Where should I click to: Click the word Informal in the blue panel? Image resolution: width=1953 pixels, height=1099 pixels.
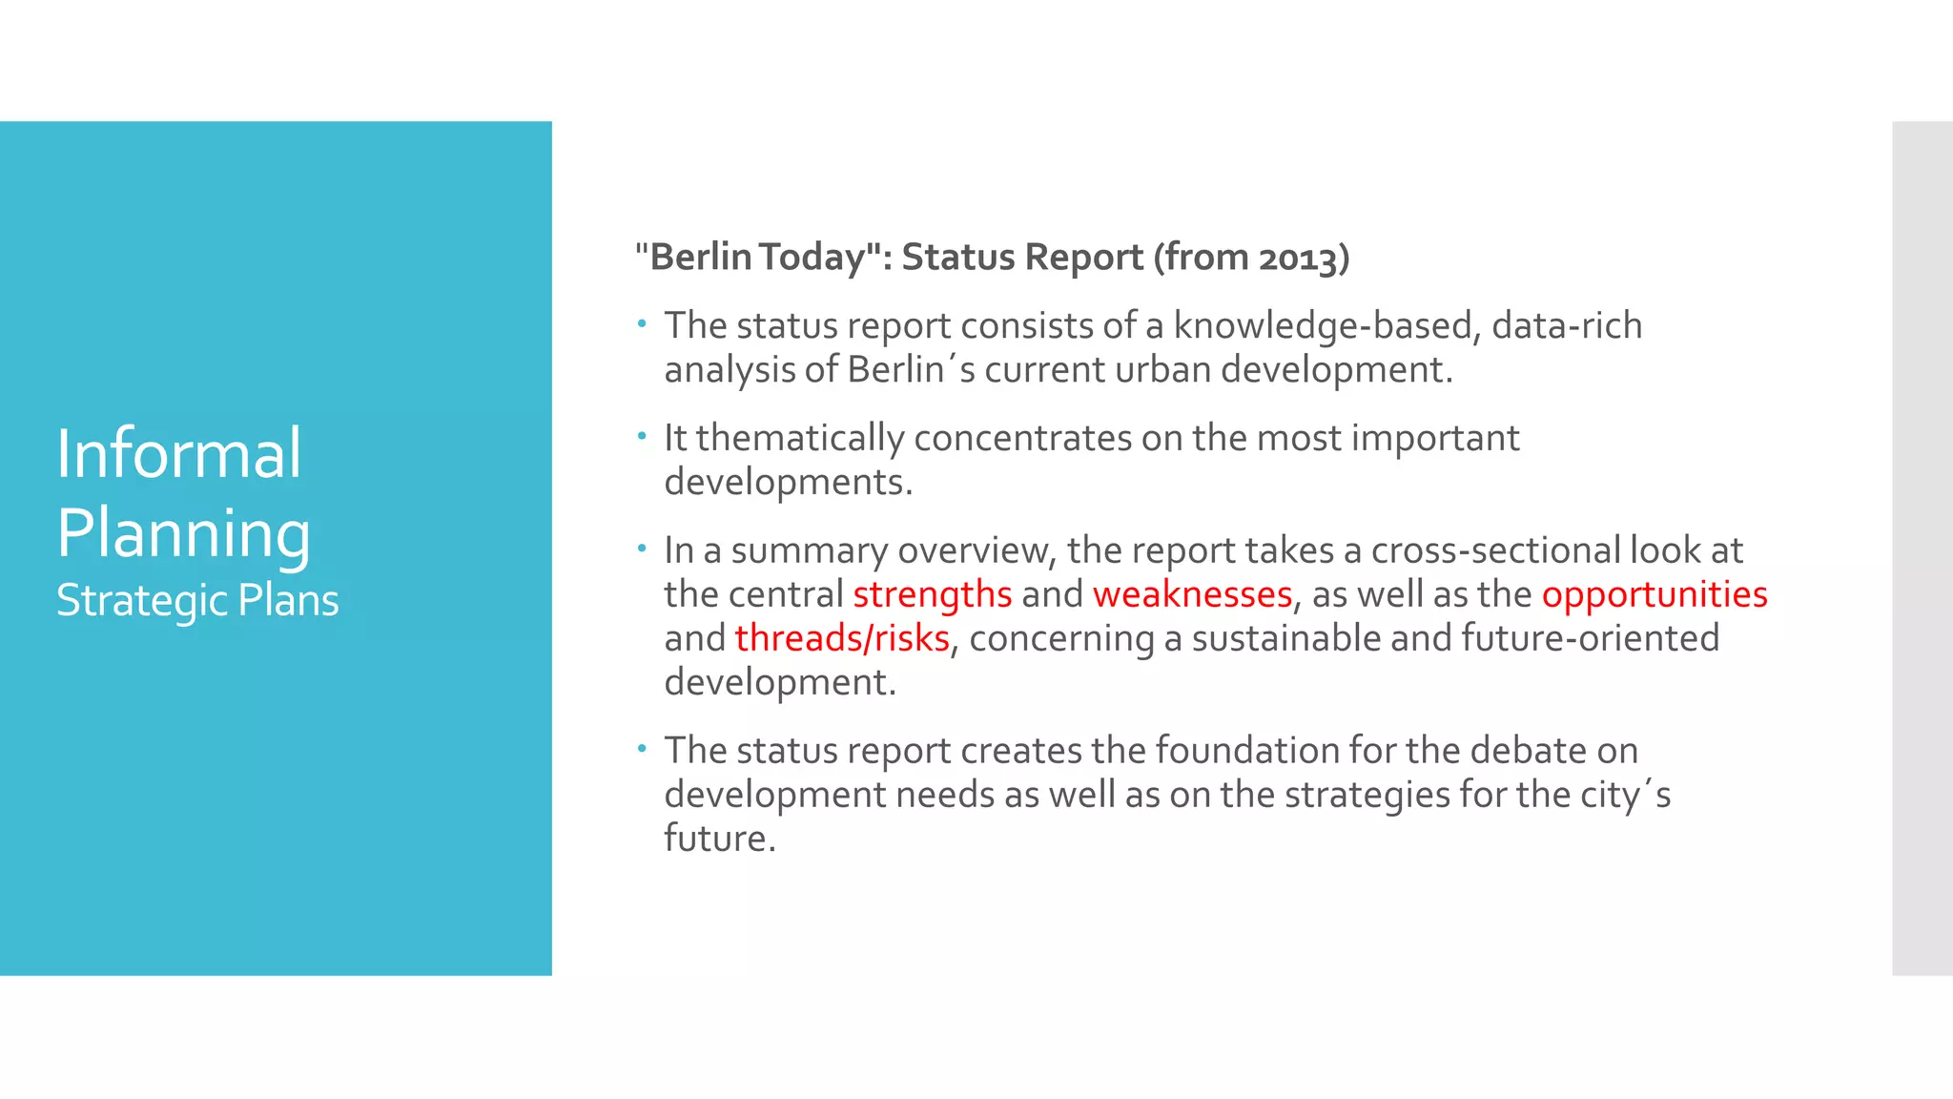point(179,453)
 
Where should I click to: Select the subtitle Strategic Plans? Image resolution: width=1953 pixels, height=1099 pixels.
point(197,600)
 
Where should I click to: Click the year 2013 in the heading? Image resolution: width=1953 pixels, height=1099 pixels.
point(1298,258)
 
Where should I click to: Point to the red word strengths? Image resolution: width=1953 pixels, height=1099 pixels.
point(932,594)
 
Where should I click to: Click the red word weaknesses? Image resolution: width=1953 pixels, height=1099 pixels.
point(1192,594)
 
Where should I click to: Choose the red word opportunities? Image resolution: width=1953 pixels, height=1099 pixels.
point(1655,594)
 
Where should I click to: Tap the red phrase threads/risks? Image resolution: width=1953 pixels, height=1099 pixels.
point(842,638)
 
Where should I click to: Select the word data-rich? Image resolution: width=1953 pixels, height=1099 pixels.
point(1567,325)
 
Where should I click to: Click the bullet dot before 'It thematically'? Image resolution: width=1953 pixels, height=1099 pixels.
point(643,437)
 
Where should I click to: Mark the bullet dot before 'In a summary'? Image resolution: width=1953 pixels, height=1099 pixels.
point(643,549)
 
